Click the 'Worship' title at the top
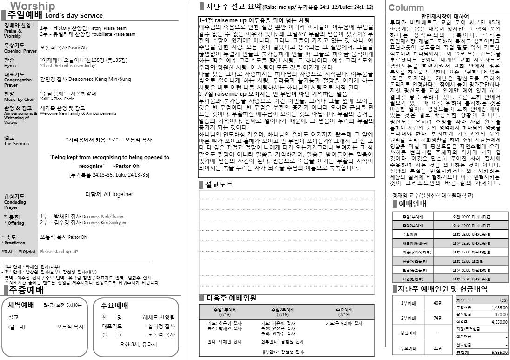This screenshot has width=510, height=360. click(x=33, y=6)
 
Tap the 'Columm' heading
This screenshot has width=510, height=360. click(x=406, y=7)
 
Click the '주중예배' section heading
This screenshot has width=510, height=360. click(x=26, y=291)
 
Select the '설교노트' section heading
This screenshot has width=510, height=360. click(x=219, y=185)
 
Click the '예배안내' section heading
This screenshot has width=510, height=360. click(x=413, y=203)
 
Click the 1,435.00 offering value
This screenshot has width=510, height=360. click(x=499, y=307)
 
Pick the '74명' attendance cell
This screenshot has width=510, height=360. click(x=437, y=318)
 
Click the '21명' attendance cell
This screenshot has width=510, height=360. click(x=437, y=348)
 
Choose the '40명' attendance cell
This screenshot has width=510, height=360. click(x=437, y=303)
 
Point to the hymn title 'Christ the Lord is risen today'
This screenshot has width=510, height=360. click(x=68, y=66)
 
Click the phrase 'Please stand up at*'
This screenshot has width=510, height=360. click(x=59, y=252)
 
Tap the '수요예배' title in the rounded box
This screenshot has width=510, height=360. click(x=114, y=306)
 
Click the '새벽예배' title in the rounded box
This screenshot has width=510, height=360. click(x=21, y=305)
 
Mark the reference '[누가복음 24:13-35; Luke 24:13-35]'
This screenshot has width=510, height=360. click(x=109, y=175)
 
